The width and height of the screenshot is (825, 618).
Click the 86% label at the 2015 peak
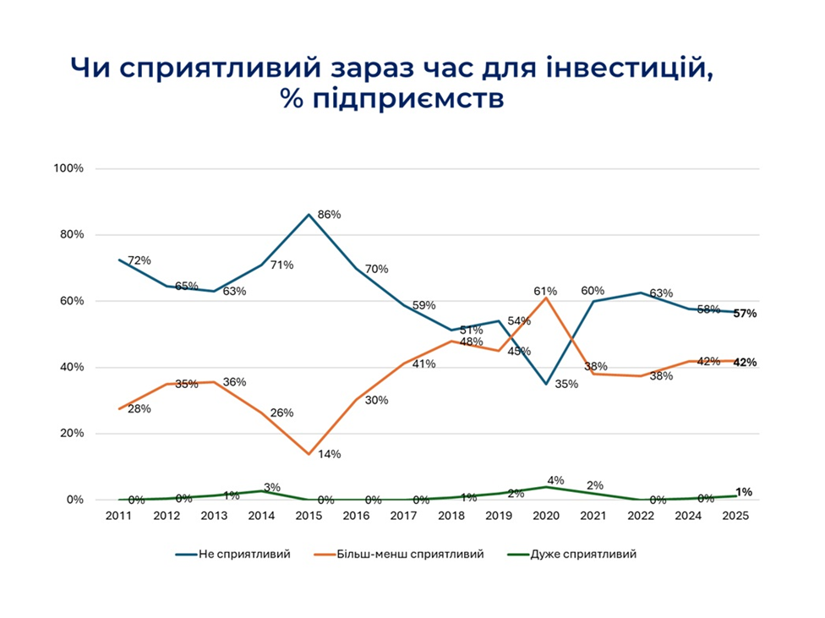tap(329, 215)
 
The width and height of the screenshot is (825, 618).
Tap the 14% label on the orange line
tap(329, 454)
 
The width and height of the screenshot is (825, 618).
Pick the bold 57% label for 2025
tap(745, 314)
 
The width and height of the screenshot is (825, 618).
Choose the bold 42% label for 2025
tap(745, 363)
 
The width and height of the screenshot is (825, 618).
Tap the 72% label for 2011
tap(139, 260)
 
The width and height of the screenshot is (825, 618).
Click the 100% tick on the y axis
tap(68, 169)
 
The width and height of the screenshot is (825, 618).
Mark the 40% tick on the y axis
tap(71, 368)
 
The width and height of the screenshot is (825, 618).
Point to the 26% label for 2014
tap(281, 413)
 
